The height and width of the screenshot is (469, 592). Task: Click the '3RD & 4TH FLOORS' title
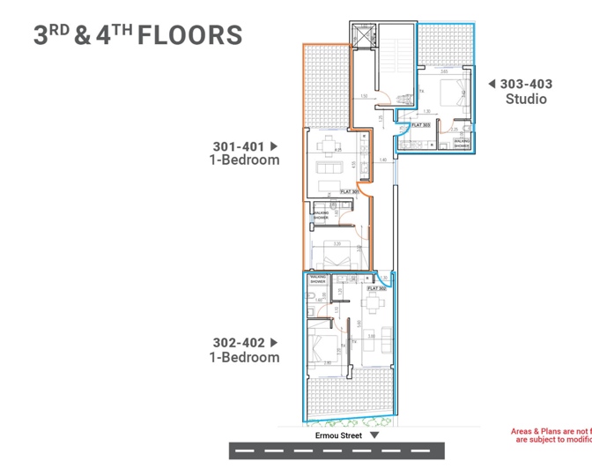[x=137, y=34]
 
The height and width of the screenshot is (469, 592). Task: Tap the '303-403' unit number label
[x=526, y=84]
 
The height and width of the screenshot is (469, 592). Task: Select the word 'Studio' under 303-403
[x=526, y=99]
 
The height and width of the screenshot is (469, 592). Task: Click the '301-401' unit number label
[x=240, y=146]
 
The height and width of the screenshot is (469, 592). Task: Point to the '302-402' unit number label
[x=240, y=342]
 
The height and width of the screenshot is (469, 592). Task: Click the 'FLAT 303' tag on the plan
[x=421, y=125]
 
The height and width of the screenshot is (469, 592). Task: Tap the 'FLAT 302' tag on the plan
[x=377, y=288]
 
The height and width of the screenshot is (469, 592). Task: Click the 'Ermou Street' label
[x=338, y=435]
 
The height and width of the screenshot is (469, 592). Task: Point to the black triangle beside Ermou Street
[x=374, y=435]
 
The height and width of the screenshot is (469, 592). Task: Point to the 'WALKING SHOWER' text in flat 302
[x=316, y=279]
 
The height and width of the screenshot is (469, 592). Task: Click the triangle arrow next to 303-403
[x=492, y=84]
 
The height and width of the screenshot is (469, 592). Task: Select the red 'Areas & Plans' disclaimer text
[x=551, y=435]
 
